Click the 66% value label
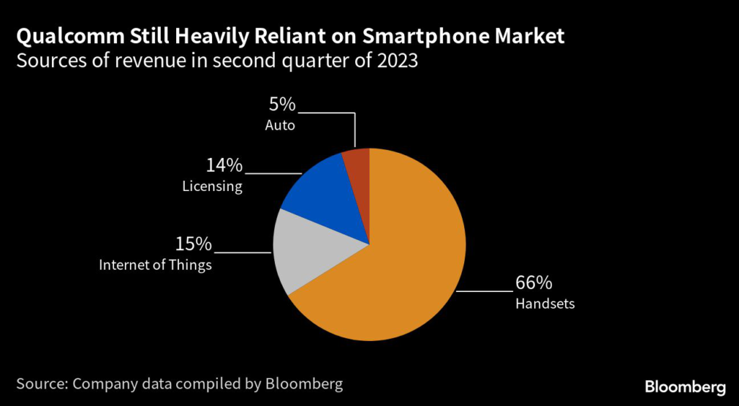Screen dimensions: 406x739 [533, 282]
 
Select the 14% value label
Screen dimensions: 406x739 [224, 165]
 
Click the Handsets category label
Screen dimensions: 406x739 [545, 304]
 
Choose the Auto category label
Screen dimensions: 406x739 [280, 125]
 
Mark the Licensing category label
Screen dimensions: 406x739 [212, 187]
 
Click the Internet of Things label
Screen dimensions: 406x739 [155, 265]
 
